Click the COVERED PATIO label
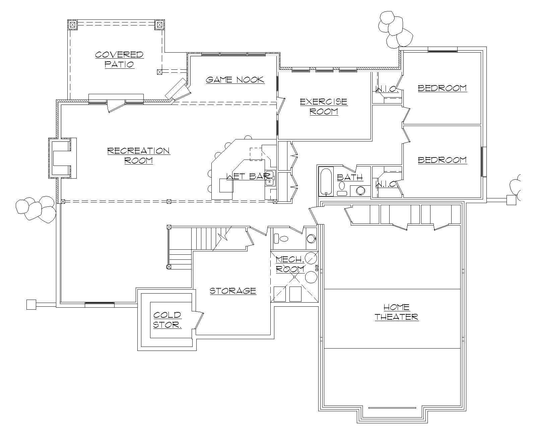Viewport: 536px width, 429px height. pos(119,59)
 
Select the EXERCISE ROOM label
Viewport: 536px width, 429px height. pos(323,106)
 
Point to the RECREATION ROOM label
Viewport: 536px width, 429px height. pos(138,155)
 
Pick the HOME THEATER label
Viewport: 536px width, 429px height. pos(396,312)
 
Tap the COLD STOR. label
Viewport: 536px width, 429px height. pos(167,320)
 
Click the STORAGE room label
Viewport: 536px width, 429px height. pos(233,291)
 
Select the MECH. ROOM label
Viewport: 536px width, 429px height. pos(290,264)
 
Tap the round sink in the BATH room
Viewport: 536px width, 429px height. pos(360,191)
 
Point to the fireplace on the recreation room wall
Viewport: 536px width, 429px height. pos(62,158)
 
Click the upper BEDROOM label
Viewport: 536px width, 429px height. pos(442,88)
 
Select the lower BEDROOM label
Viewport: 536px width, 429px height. pos(442,160)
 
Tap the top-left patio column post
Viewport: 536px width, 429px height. pos(72,24)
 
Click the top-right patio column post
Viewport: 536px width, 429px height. pos(159,24)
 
